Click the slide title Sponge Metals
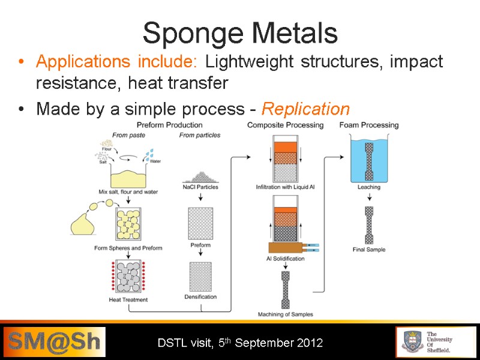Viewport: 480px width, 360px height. click(x=240, y=33)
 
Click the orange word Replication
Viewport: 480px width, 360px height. click(x=306, y=109)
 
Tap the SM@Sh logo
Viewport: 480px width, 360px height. click(x=53, y=343)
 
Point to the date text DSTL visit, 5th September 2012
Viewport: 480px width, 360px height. click(x=240, y=343)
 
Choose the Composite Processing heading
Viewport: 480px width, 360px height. click(x=285, y=125)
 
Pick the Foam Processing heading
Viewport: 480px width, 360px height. click(x=369, y=125)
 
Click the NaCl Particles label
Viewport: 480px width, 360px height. click(x=200, y=187)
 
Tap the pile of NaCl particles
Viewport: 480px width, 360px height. click(x=200, y=175)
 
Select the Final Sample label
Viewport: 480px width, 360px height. click(x=369, y=250)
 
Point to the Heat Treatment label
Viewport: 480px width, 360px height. click(x=128, y=299)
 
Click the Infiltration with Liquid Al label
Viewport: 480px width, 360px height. click(x=285, y=187)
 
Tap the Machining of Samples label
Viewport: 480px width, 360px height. click(x=285, y=314)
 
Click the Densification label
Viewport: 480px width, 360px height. click(x=200, y=296)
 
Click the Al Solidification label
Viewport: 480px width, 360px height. click(x=285, y=259)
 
